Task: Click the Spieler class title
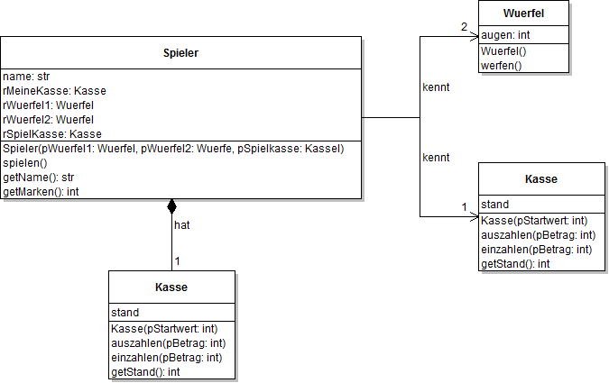coord(181,53)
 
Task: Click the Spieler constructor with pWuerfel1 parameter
coord(173,148)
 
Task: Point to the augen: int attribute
coord(505,34)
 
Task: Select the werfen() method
coord(501,65)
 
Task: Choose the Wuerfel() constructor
coord(503,51)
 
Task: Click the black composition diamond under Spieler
coord(172,206)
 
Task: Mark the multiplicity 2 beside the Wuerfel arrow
coord(464,27)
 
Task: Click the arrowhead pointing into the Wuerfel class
coord(473,36)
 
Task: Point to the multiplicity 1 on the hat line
coord(178,261)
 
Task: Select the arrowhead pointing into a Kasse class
coord(473,216)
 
